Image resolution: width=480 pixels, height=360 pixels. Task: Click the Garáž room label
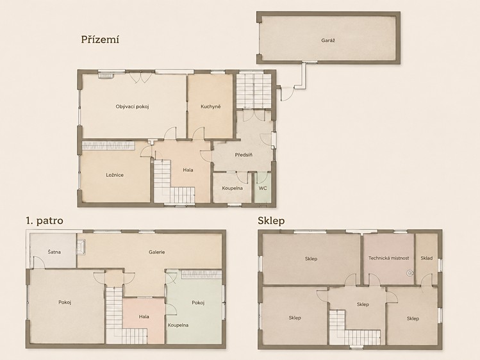tap(328, 40)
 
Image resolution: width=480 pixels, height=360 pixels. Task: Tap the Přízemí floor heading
tap(100, 40)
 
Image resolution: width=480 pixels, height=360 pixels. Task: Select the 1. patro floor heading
tap(45, 220)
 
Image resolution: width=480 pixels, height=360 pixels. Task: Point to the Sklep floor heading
tap(271, 221)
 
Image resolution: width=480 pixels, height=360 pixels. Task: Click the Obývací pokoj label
tap(132, 107)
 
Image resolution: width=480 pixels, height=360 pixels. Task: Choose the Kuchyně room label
tap(211, 107)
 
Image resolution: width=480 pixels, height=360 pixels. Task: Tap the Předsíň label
tap(244, 155)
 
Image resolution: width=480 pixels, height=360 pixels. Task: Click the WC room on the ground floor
tap(263, 188)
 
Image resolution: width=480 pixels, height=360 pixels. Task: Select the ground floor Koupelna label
tap(233, 188)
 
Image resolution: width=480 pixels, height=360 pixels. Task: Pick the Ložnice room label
tap(115, 175)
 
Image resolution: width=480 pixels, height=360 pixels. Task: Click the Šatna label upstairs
tap(54, 252)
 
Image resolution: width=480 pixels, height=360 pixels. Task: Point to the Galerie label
tap(157, 252)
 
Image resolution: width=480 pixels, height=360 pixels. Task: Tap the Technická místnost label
tap(389, 258)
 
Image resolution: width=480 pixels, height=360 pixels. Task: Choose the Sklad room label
tap(427, 258)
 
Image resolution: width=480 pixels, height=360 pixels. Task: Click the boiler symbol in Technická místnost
tap(410, 273)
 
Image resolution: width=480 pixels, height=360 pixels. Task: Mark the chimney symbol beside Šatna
tap(81, 247)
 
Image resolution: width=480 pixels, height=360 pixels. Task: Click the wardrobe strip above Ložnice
tap(108, 145)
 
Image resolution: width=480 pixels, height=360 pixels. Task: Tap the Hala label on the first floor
tap(144, 316)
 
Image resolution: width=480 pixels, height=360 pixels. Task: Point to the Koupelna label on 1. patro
tap(178, 325)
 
